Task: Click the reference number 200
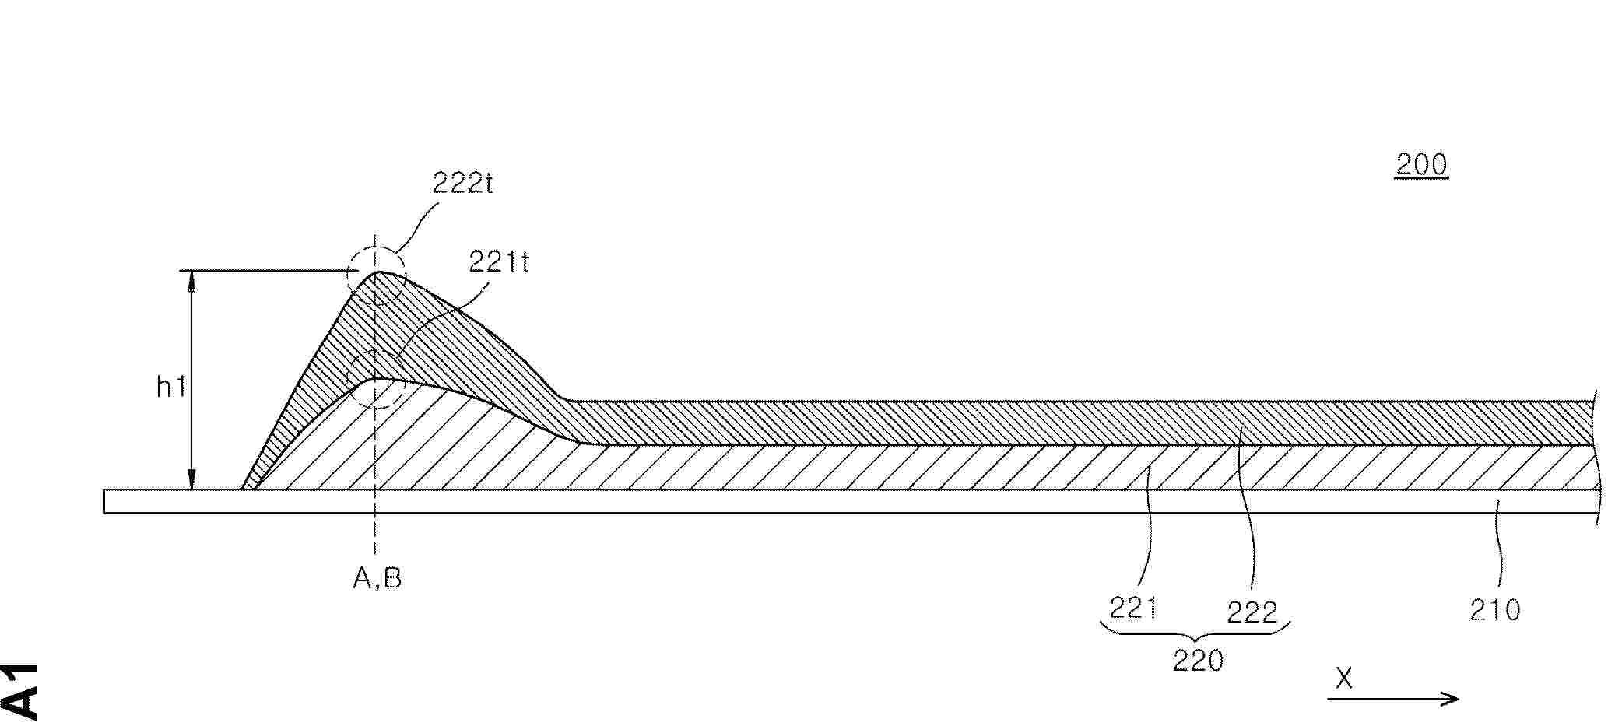pyautogui.click(x=1421, y=164)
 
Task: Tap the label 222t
pyautogui.click(x=464, y=183)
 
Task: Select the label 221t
pyautogui.click(x=499, y=262)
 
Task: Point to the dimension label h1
pyautogui.click(x=171, y=386)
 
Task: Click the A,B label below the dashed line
pyautogui.click(x=377, y=578)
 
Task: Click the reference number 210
pyautogui.click(x=1495, y=609)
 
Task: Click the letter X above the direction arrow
pyautogui.click(x=1344, y=679)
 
